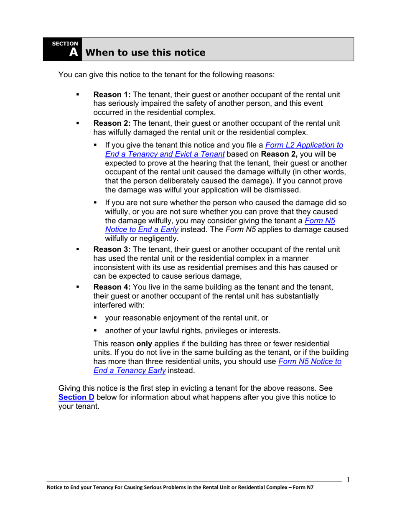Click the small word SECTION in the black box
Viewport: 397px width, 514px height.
tap(65, 43)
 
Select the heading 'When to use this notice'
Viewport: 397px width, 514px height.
tap(145, 53)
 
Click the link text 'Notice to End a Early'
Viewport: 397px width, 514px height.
tap(142, 229)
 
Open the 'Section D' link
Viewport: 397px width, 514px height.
tap(76, 397)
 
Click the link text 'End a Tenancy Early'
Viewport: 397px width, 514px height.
tap(129, 370)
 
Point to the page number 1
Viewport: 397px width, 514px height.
tap(348, 479)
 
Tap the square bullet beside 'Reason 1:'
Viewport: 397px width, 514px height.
tap(77, 95)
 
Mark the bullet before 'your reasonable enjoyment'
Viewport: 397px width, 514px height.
tap(95, 318)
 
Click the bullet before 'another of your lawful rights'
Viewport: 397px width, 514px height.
tap(95, 331)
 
